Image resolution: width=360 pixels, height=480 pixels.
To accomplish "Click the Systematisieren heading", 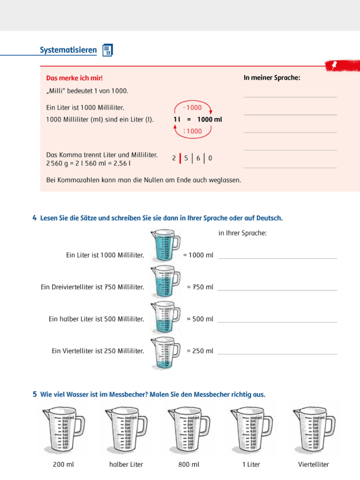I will coord(68,50).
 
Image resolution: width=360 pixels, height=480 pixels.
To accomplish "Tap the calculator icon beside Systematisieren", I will coord(108,50).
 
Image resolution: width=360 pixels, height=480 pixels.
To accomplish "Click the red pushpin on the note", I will coord(334,65).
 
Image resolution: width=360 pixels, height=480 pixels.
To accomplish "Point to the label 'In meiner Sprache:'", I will coord(272,78).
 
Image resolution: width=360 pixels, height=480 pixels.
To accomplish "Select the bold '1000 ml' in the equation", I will coord(209,119).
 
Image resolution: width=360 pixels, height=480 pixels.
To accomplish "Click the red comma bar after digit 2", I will coord(180,158).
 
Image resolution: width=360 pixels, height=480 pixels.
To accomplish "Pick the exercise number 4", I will coord(35,218).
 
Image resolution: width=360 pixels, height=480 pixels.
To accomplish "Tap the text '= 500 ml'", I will coord(200,319).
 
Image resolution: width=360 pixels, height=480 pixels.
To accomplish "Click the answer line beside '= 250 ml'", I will coord(277,354).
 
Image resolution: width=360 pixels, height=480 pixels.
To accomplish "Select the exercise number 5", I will coord(35,394).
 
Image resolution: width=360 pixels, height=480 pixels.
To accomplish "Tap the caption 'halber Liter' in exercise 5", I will coord(126,464).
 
